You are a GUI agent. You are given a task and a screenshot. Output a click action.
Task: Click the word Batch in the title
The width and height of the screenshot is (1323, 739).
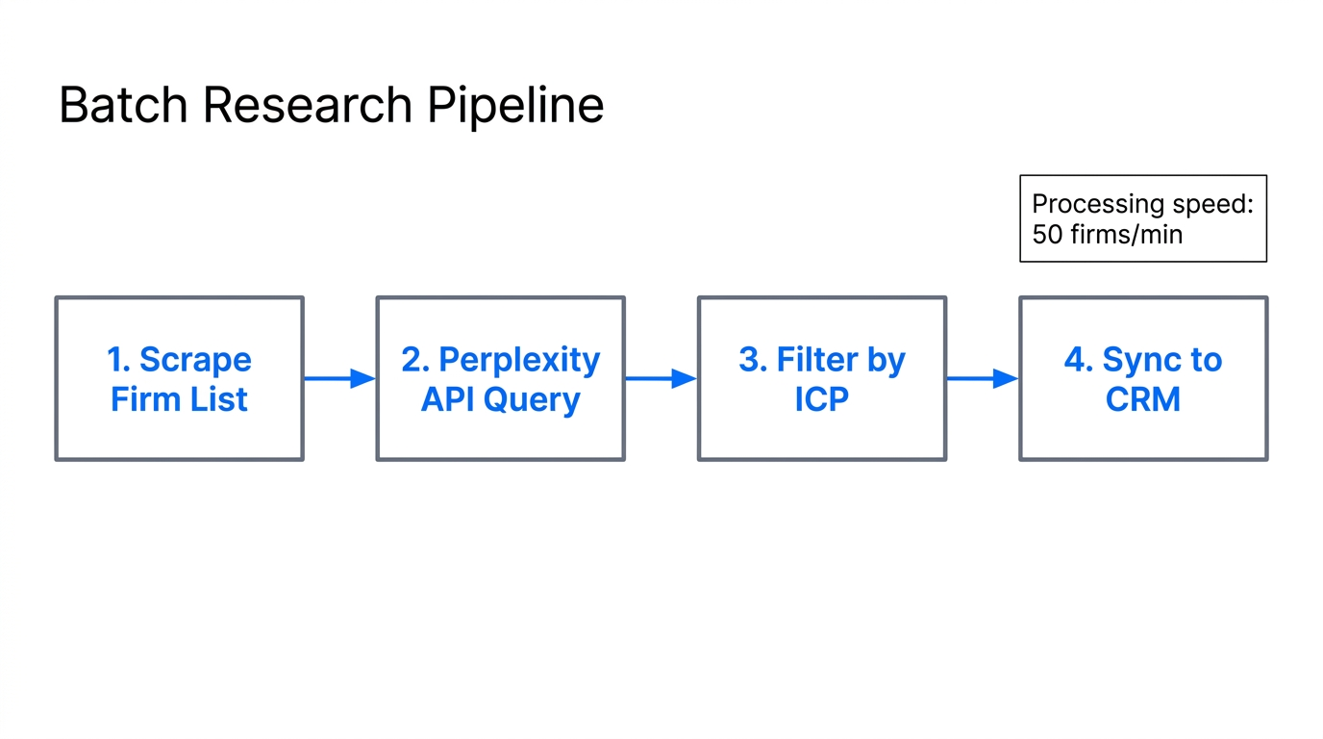tap(124, 105)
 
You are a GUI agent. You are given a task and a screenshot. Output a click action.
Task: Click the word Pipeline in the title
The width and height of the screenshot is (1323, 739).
tap(515, 105)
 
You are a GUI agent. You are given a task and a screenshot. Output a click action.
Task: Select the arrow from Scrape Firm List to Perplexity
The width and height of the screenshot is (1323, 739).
tap(339, 378)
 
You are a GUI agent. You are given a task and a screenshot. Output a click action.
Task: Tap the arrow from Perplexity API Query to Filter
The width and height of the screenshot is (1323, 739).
tap(661, 378)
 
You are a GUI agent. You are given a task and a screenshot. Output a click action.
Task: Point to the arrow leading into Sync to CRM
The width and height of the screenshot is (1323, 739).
tap(982, 378)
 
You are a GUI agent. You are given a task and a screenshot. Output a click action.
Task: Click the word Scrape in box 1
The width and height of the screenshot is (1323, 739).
tap(195, 360)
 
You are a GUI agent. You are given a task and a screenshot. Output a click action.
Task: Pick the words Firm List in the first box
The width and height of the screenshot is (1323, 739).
tap(179, 399)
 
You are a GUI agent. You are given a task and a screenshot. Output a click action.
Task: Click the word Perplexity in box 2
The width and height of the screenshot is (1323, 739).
tap(519, 360)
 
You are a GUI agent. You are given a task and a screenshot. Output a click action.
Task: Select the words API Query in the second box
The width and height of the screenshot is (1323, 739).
tap(500, 399)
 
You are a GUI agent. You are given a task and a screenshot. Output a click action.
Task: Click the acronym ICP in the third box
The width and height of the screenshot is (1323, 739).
tap(821, 399)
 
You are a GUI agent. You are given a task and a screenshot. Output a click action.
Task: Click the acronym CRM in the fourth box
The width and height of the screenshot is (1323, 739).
tap(1142, 399)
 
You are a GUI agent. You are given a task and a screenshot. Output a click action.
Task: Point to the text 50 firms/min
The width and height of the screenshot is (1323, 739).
tap(1107, 234)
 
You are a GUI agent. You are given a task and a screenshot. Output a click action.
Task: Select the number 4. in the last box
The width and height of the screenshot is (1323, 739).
tap(1079, 360)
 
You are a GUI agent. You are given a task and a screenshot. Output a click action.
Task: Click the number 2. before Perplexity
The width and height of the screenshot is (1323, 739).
tap(415, 360)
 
